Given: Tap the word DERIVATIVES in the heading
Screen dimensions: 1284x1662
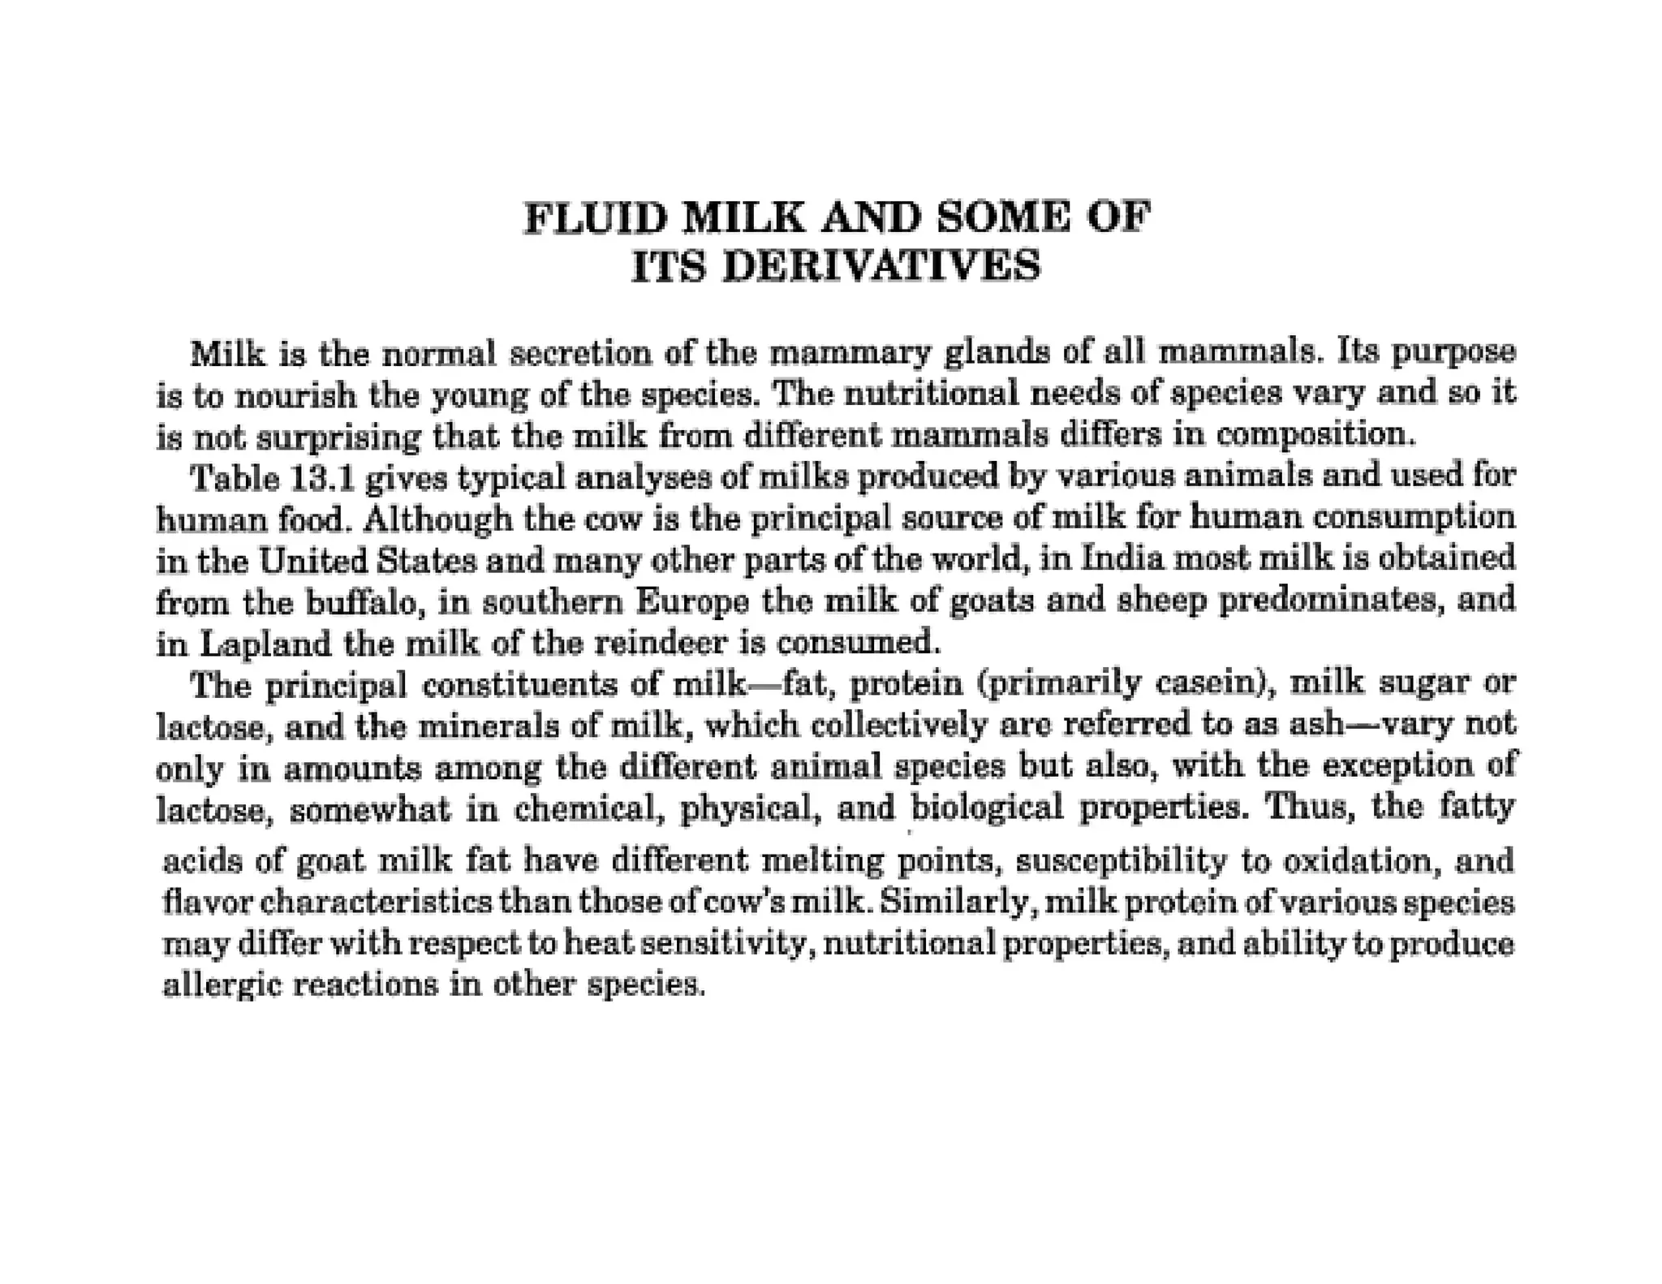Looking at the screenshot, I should click(881, 266).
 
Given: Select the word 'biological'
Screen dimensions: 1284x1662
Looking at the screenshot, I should click(987, 808).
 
